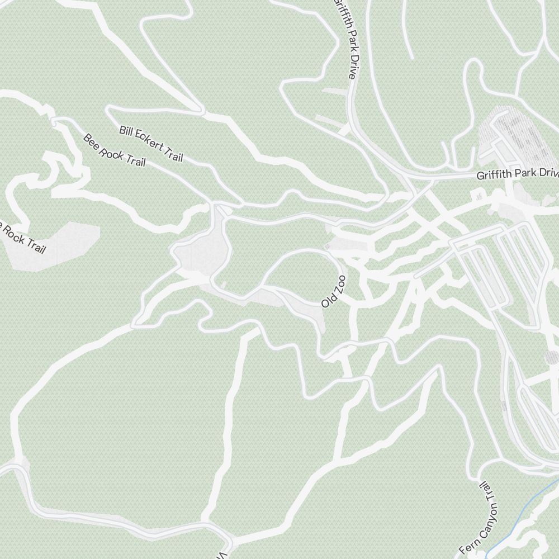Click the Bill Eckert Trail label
(151, 144)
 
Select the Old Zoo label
(334, 291)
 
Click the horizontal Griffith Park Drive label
(517, 174)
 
